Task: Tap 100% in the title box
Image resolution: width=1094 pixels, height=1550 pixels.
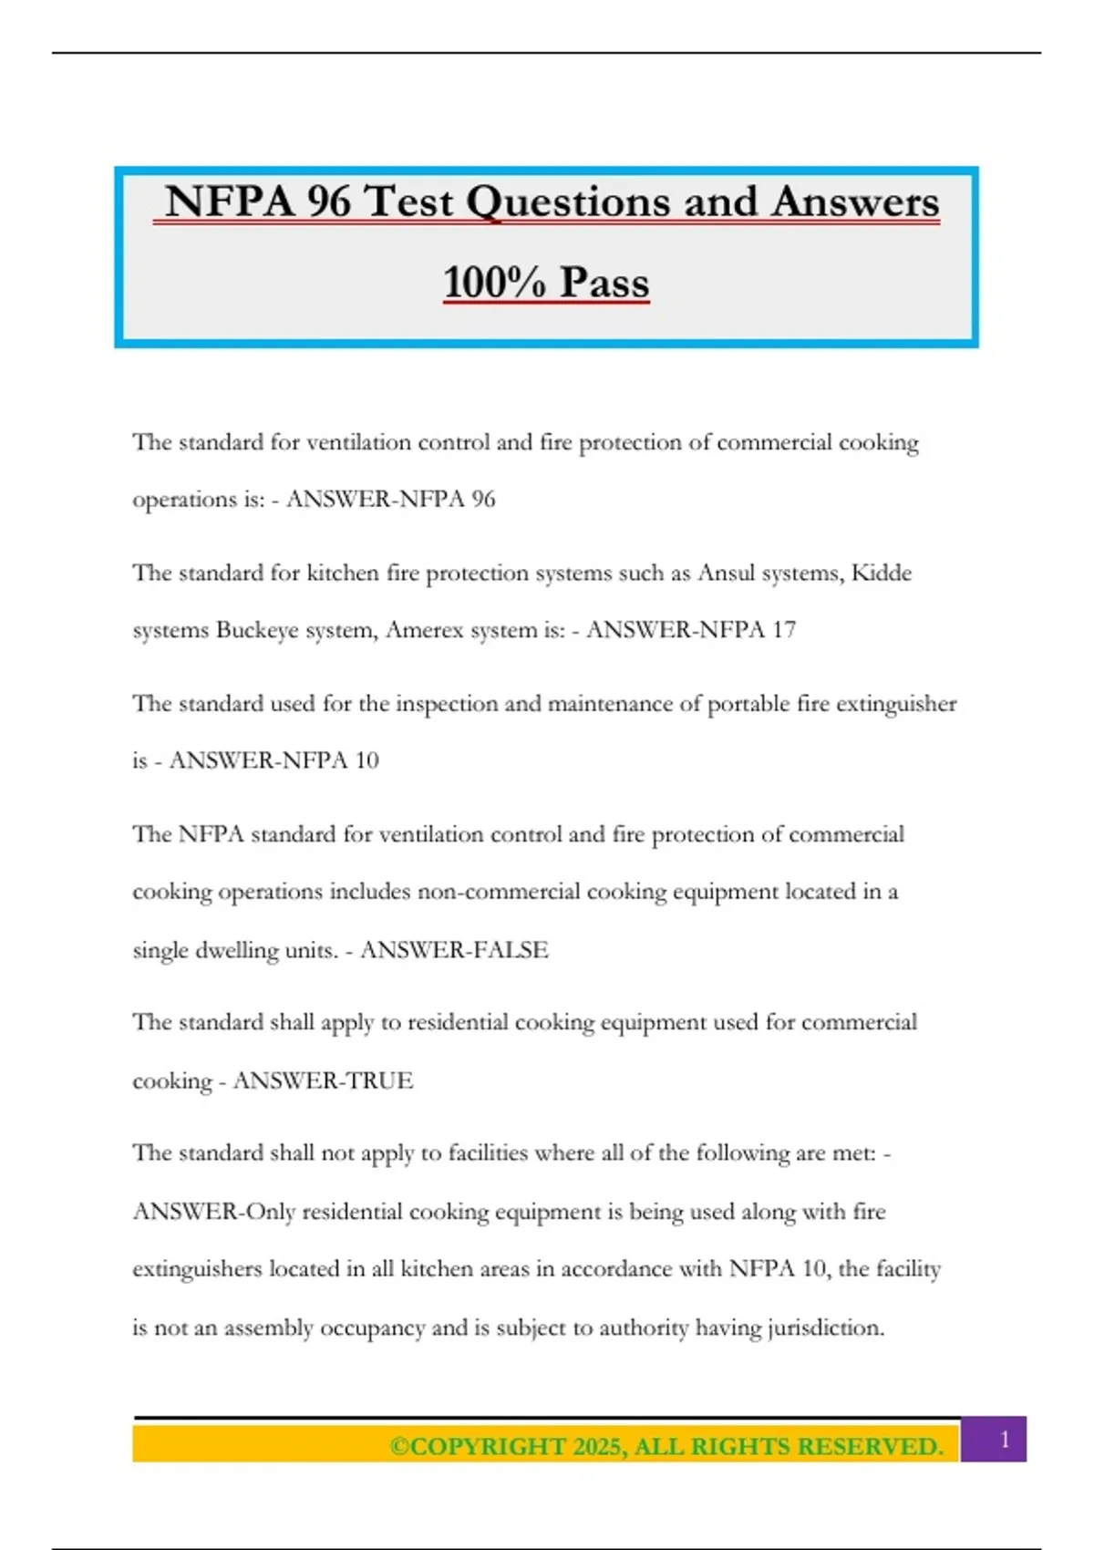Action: pos(494,282)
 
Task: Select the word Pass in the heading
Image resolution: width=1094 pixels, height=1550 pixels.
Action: pos(604,282)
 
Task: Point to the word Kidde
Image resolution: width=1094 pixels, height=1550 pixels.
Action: pos(882,573)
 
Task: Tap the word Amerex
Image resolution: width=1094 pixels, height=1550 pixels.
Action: pos(425,630)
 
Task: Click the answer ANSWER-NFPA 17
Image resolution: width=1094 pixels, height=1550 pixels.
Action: pos(691,630)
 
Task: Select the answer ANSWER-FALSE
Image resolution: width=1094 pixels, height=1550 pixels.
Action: pos(454,950)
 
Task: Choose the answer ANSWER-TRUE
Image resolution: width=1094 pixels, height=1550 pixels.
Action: pos(323,1080)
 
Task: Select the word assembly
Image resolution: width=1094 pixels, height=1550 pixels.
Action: pos(265,1328)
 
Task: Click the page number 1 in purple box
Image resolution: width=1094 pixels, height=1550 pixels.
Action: pos(1005,1440)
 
